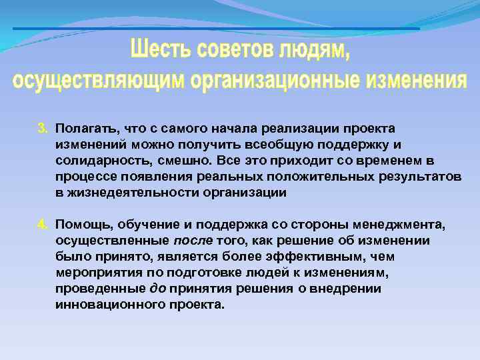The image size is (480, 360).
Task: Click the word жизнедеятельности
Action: point(124,193)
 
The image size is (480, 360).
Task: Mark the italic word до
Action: point(158,289)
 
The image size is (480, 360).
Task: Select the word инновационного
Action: point(103,305)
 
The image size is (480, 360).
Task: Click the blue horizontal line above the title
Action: point(217,29)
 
